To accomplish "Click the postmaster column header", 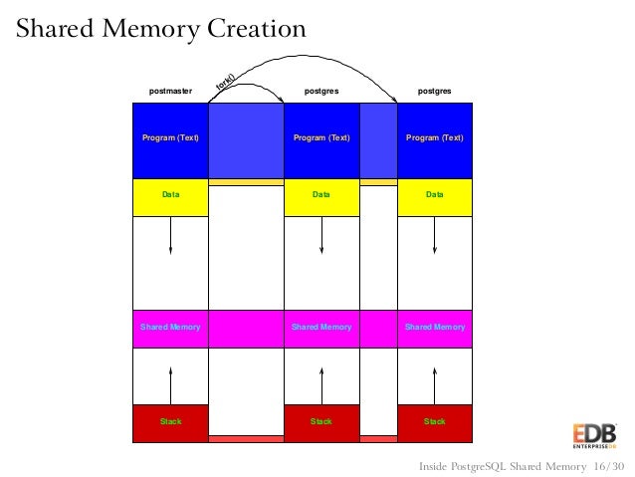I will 170,92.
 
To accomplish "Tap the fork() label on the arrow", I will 225,86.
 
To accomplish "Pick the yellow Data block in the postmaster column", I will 170,196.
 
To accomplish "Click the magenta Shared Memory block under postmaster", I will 170,327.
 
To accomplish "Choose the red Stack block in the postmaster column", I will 170,422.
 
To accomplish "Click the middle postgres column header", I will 321,92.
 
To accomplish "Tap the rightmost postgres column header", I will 435,92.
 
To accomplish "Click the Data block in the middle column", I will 321,196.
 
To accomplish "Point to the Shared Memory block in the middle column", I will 321,327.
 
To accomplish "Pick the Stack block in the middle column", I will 321,422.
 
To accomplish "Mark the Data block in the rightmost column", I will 435,196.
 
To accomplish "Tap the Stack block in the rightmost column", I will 435,422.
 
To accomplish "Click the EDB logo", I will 594,436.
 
